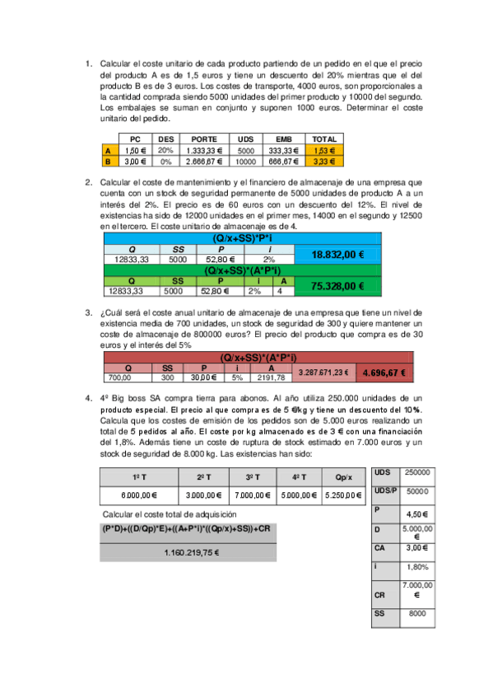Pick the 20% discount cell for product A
click(x=165, y=151)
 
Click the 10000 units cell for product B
click(x=245, y=162)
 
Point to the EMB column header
click(x=283, y=138)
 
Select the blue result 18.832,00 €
click(x=338, y=255)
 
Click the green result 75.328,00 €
click(x=338, y=285)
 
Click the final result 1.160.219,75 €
click(x=194, y=552)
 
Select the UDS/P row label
click(x=385, y=490)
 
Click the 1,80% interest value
click(x=417, y=566)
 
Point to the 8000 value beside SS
click(x=417, y=613)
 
